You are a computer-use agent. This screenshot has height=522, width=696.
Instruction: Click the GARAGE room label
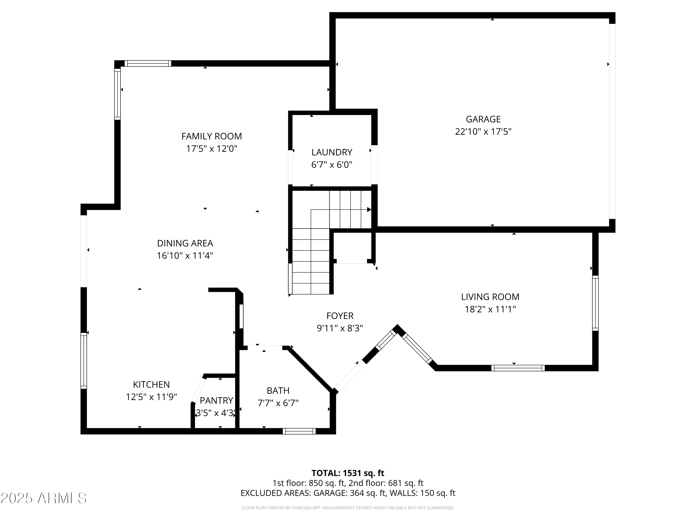click(x=483, y=119)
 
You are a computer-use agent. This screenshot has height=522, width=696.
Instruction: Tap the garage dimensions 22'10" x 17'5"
click(x=483, y=132)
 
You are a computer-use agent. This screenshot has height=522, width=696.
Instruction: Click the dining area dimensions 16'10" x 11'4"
click(x=185, y=255)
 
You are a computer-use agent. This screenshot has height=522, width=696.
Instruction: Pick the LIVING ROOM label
click(x=490, y=297)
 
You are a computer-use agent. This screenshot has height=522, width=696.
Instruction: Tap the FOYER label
click(x=340, y=316)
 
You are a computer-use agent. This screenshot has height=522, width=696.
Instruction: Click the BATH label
click(x=278, y=390)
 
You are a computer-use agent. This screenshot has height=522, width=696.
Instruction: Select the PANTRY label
click(x=216, y=400)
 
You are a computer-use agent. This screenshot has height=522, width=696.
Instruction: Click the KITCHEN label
click(x=151, y=384)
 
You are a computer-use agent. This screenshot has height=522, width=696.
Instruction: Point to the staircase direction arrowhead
click(x=369, y=209)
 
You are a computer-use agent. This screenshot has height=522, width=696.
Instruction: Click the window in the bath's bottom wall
click(x=299, y=431)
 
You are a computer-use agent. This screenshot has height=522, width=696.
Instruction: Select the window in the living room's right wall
click(x=595, y=303)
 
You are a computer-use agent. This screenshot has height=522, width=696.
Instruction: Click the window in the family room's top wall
click(x=148, y=64)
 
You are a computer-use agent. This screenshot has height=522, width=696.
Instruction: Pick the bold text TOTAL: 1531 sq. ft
click(x=348, y=473)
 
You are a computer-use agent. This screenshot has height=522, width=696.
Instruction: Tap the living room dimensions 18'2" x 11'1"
click(x=490, y=309)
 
